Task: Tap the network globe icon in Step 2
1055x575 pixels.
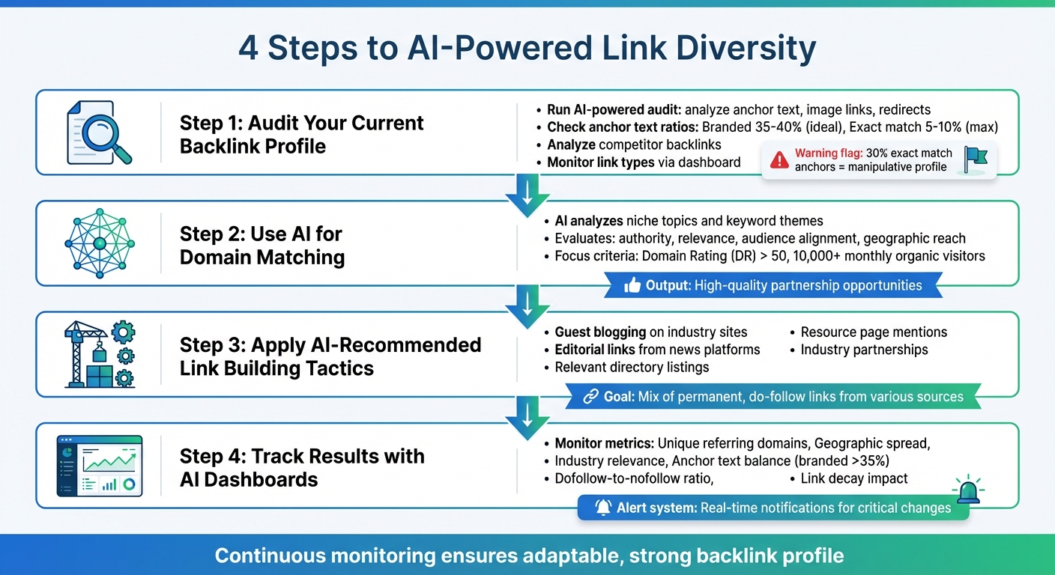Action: click(x=99, y=243)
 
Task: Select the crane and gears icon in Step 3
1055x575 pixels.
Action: click(x=99, y=354)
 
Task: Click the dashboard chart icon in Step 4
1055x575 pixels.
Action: click(x=99, y=466)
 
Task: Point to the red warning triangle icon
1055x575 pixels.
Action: click(x=780, y=159)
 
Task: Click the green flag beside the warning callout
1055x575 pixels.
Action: click(x=976, y=159)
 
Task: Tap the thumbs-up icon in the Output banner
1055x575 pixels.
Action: click(x=632, y=285)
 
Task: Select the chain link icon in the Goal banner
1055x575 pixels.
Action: click(x=590, y=396)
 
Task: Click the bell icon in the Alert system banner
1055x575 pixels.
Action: click(x=602, y=508)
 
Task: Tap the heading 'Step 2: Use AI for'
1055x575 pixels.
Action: click(x=261, y=234)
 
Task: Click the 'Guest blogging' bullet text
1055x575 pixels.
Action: click(x=600, y=332)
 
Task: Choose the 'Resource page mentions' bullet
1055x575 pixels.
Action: click(x=874, y=332)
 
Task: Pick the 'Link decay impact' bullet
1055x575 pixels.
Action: click(x=853, y=478)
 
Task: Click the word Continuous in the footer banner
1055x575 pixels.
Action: click(x=270, y=556)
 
